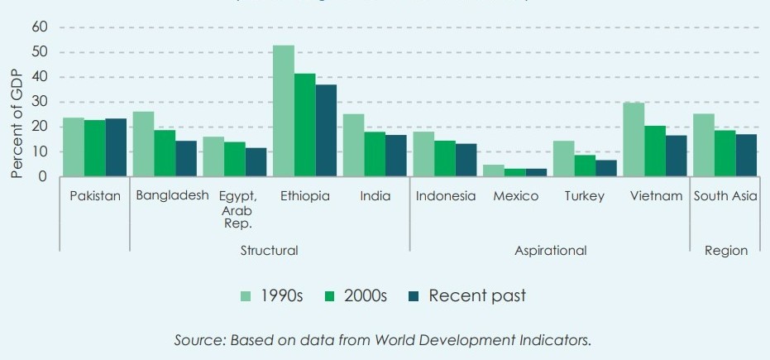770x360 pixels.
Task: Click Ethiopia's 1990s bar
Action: [x=284, y=111]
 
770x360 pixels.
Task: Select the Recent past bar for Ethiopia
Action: [x=326, y=131]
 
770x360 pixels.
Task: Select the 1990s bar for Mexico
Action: [x=494, y=170]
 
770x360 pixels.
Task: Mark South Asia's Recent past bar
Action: [x=746, y=155]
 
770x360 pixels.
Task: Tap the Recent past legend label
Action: [x=476, y=295]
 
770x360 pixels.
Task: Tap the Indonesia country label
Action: [x=446, y=197]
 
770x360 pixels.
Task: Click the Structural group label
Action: [x=269, y=250]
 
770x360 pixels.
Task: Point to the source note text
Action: [x=383, y=340]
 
